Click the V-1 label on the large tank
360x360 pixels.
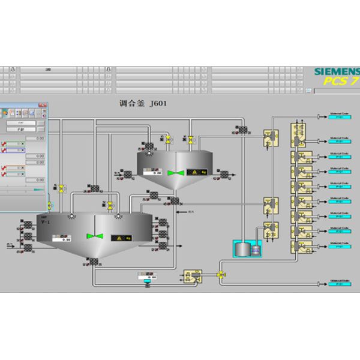click(46, 222)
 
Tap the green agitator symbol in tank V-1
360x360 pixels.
click(92, 236)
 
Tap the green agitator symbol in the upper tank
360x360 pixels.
click(176, 173)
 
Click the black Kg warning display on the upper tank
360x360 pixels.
click(199, 172)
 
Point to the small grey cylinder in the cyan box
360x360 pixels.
click(242, 248)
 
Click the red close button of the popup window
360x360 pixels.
click(43, 106)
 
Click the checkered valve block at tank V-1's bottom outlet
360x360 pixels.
click(94, 262)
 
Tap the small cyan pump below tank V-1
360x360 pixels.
click(145, 284)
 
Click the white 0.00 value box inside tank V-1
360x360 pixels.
click(63, 239)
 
